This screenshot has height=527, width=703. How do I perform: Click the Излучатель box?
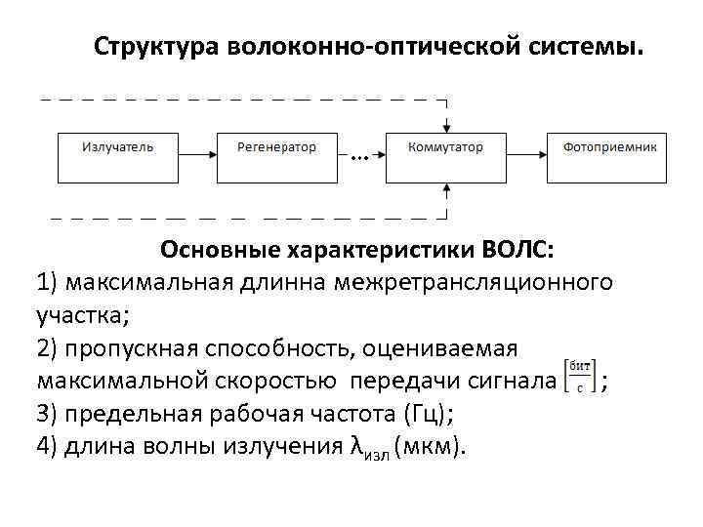click(118, 156)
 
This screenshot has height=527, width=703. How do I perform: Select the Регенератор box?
click(277, 156)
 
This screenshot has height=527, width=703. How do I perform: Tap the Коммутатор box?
click(445, 156)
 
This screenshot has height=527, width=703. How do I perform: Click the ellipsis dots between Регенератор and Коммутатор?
click(357, 157)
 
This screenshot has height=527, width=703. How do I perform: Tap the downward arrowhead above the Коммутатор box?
click(446, 125)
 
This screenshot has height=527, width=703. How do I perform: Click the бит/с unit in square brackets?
click(580, 377)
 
